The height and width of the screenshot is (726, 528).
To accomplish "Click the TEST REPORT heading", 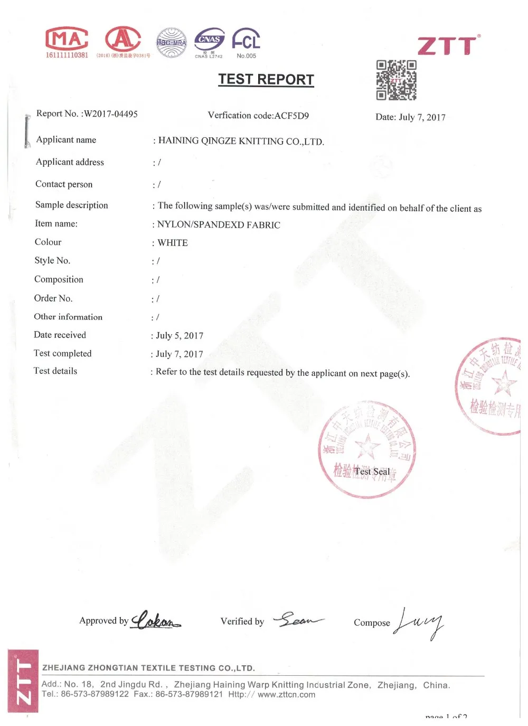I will point(266,79).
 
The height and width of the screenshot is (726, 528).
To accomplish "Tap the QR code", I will point(396,80).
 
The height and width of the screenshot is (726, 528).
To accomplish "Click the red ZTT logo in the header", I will point(449,45).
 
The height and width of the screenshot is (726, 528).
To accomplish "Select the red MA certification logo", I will point(67,39).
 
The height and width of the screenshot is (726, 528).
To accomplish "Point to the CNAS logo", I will point(209,41).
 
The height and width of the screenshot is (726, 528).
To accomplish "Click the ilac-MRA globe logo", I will point(172,42).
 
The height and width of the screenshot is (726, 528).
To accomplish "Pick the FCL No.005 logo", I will point(246,41).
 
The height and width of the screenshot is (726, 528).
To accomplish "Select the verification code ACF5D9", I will point(291,116).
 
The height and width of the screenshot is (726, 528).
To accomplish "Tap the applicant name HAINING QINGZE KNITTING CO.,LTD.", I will point(241,141).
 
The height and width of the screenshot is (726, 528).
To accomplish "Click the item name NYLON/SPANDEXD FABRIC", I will point(219,224).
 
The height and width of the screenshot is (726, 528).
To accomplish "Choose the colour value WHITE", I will point(173,243).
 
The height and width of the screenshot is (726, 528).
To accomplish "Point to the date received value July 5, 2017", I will point(180,336).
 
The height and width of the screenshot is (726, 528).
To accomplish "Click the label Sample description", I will point(71,205).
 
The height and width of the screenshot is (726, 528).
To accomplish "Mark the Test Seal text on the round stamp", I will point(372,472).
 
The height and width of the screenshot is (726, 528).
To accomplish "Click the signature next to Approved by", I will point(156,620).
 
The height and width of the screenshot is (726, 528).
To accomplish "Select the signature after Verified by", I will point(298,619).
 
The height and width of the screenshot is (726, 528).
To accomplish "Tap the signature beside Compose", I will point(420,622).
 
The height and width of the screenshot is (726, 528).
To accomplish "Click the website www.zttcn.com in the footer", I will point(286,695).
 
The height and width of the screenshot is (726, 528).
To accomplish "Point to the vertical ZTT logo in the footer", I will point(23,681).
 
